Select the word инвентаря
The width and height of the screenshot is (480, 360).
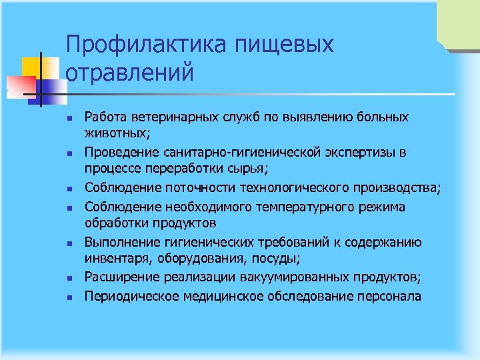click(115, 258)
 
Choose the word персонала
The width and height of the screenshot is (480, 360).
click(391, 295)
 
